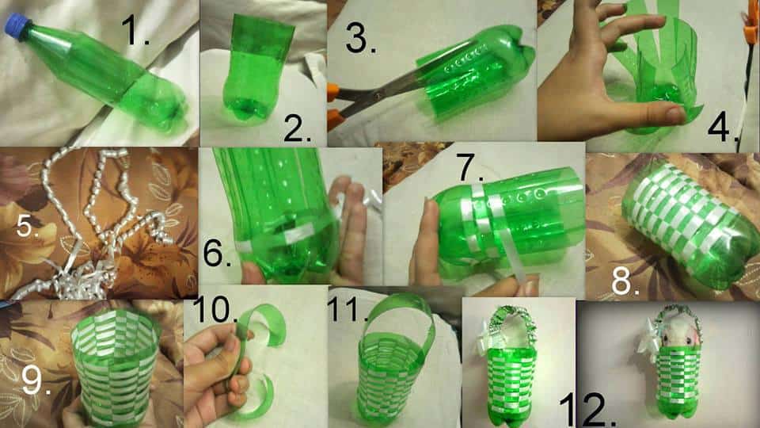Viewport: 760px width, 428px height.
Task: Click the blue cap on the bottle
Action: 16,27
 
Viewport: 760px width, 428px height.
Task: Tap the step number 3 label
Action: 360,38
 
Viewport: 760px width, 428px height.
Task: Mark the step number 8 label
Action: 625,281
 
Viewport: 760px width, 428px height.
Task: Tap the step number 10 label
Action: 215,310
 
